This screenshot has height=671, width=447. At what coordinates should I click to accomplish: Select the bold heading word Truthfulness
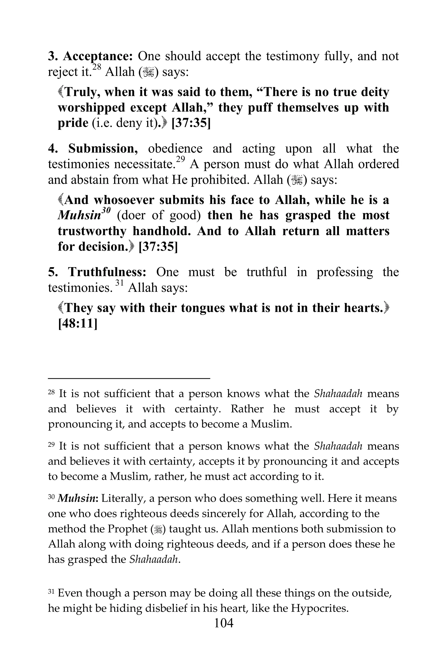point(107,272)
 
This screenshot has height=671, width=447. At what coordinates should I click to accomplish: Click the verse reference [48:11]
point(77,323)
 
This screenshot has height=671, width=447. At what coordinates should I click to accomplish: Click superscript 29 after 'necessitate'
point(181,160)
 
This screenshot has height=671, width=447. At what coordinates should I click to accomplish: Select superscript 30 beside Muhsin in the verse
point(106,211)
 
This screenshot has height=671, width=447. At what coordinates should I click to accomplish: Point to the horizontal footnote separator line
point(129,379)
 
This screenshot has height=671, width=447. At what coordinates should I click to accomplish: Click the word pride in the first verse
point(73,123)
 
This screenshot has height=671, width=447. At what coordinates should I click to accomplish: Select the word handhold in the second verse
point(161,231)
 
